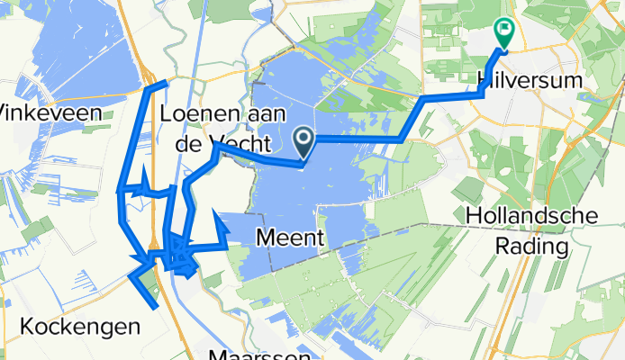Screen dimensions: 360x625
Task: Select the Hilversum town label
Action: (526, 80)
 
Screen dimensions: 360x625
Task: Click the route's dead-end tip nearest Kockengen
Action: (158, 309)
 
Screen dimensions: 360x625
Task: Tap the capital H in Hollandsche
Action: (475, 216)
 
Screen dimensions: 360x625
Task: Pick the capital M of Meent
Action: (264, 238)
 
